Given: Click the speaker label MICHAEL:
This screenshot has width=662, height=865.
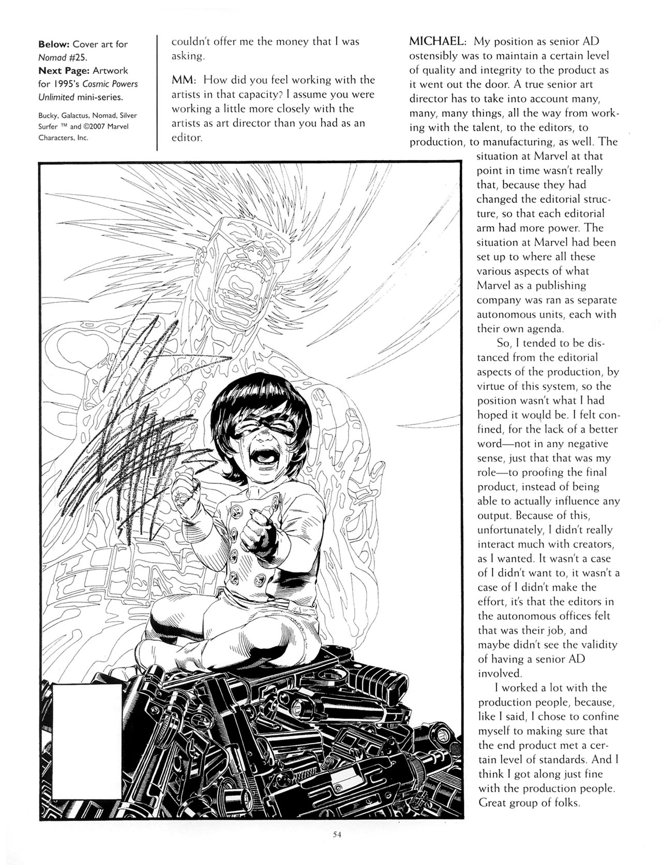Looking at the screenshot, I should [x=439, y=41].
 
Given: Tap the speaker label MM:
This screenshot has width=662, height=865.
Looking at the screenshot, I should [x=184, y=80].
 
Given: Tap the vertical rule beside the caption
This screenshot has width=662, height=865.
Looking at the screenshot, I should [x=157, y=93].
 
